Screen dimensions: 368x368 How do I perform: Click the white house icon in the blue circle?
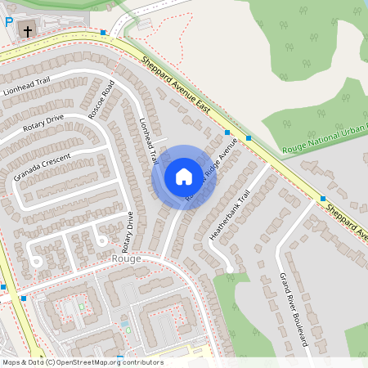[x=183, y=177]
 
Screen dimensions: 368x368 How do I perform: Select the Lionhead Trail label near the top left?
[x=27, y=85]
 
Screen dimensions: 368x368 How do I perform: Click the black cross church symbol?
[x=28, y=32]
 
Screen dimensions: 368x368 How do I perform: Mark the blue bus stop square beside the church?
[x=104, y=34]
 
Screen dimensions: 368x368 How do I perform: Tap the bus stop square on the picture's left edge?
[x=3, y=287]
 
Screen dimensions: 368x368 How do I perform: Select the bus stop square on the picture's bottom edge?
[x=120, y=358]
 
